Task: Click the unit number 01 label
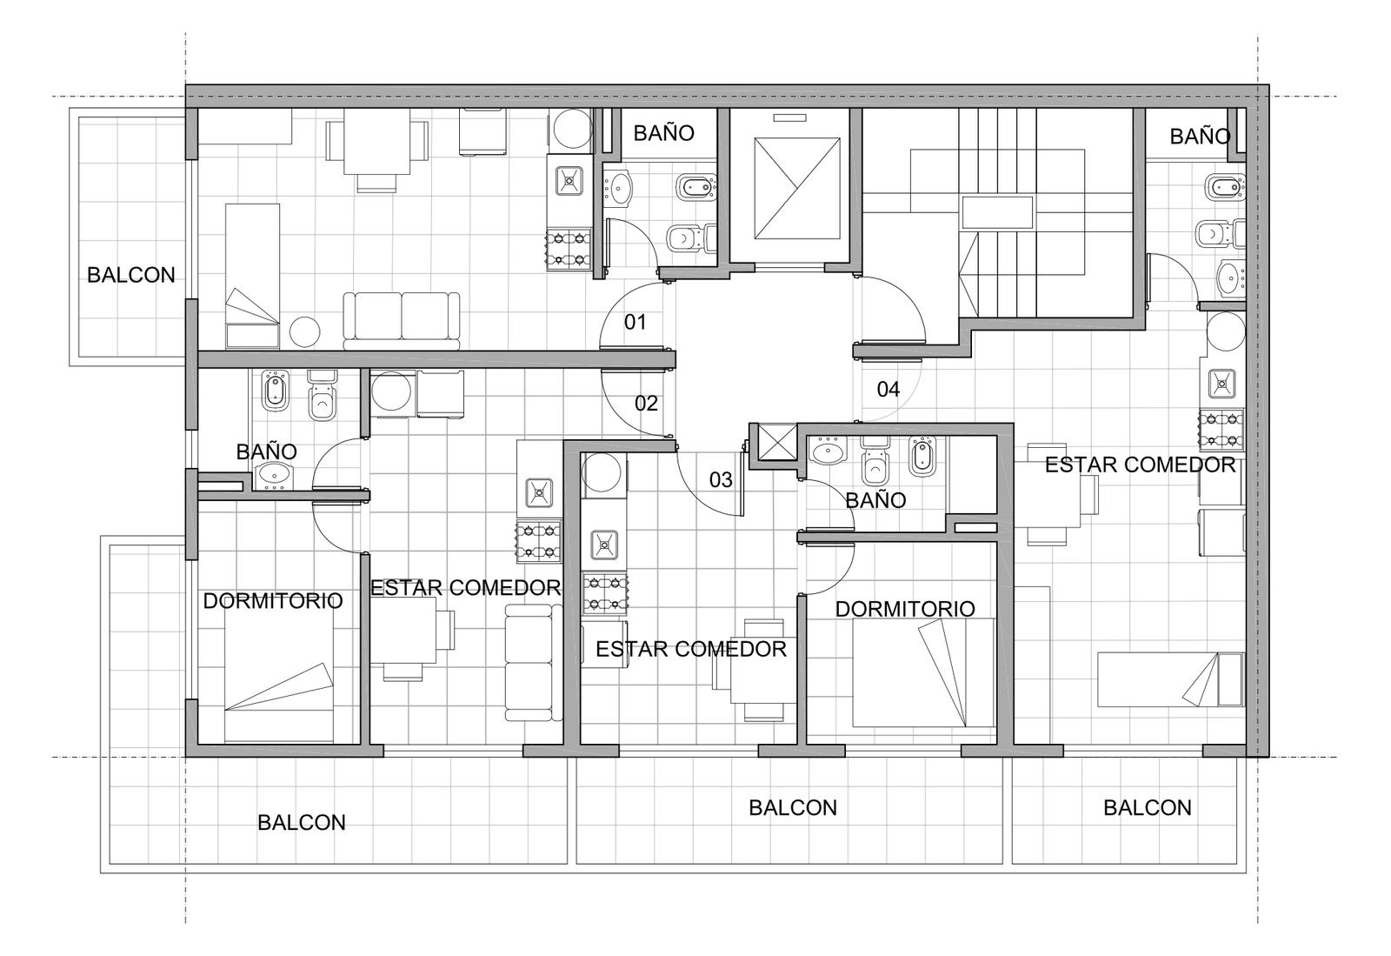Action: [635, 322]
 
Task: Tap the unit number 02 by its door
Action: [646, 404]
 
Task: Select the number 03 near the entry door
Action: [721, 479]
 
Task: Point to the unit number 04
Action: [888, 390]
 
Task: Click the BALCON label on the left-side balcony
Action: [130, 275]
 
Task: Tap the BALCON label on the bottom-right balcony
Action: [1147, 807]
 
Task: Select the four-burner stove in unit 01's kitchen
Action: [569, 250]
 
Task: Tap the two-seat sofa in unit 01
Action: [402, 321]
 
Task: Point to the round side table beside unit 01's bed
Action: [304, 331]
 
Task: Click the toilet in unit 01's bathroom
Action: [690, 237]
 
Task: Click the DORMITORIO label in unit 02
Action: [273, 601]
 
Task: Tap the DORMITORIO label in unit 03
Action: [905, 609]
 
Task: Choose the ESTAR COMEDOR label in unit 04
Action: [1140, 465]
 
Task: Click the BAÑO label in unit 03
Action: [875, 499]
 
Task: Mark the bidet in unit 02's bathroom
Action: [275, 391]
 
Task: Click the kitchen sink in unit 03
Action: [603, 545]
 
